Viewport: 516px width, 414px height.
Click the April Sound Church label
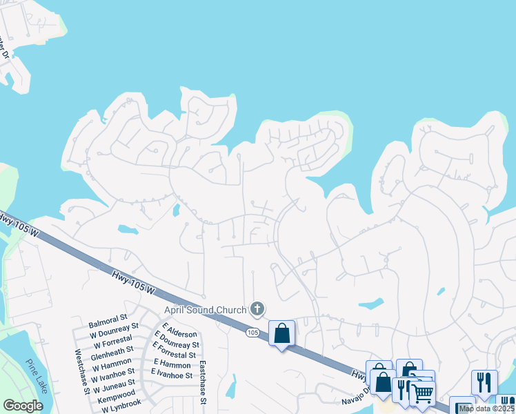[x=205, y=310]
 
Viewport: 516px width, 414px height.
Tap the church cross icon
[x=257, y=308]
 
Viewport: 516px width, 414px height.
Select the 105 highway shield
[x=253, y=333]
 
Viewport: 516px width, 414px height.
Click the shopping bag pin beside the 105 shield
[x=281, y=334]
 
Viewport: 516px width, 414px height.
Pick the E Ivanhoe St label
[x=172, y=374]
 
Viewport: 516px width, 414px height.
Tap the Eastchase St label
[x=204, y=382]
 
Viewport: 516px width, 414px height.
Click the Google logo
[x=23, y=406]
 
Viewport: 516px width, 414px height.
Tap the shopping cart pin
[x=422, y=393]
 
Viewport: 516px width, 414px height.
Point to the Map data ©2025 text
[x=487, y=408]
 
